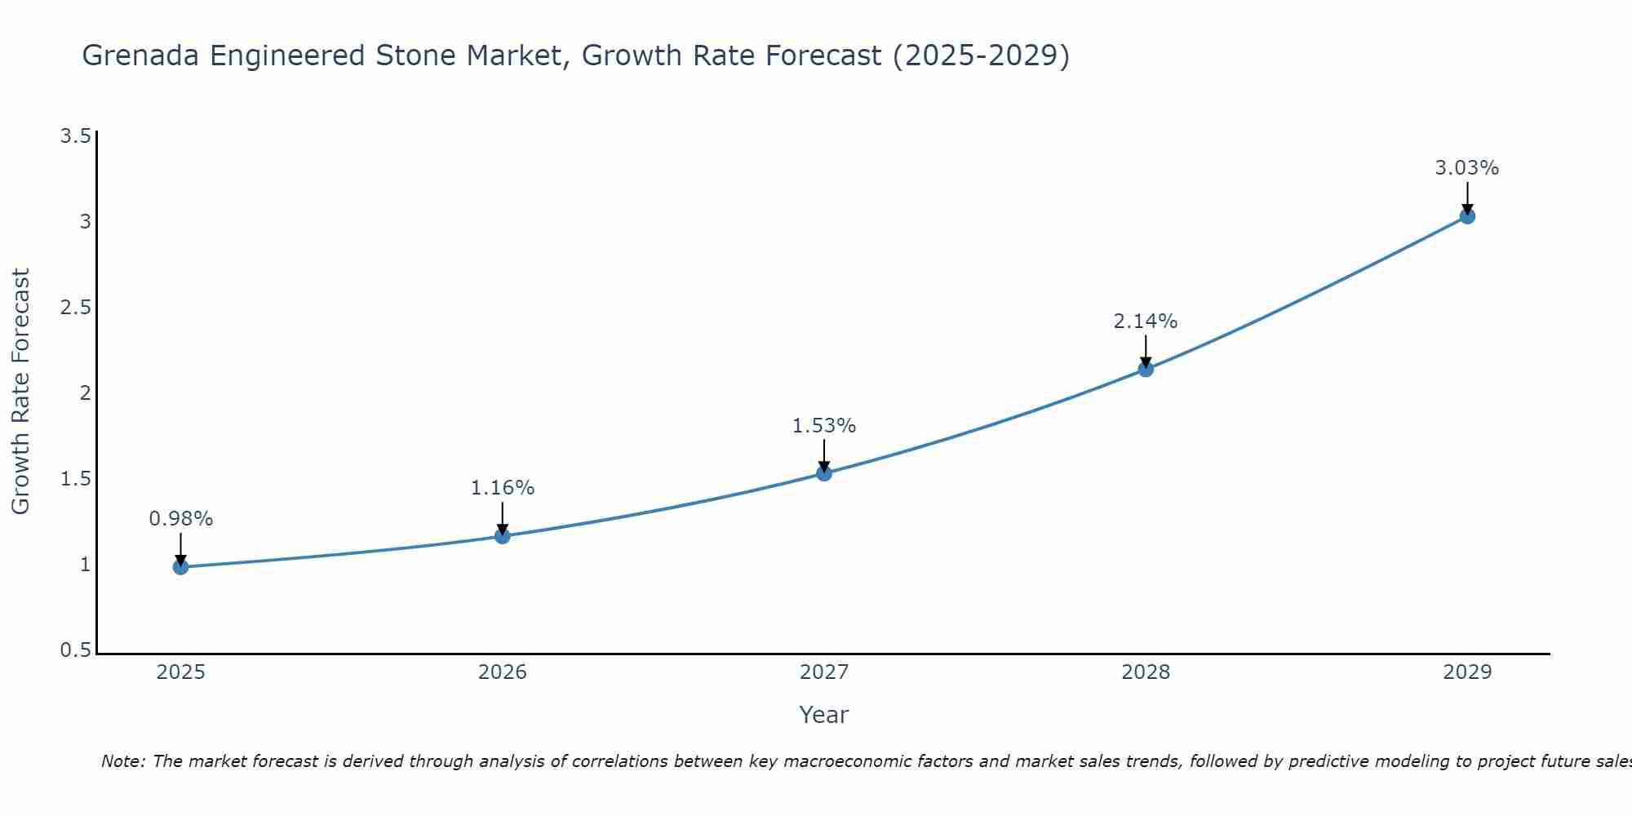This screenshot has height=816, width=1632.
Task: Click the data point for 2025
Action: pos(180,567)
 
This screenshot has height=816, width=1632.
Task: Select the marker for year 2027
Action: pos(824,473)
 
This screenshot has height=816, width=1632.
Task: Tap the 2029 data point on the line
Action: pos(1467,216)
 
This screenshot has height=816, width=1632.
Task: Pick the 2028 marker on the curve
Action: pos(1146,369)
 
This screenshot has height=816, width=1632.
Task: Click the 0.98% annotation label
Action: pos(180,519)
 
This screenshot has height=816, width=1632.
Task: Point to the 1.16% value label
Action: pos(502,488)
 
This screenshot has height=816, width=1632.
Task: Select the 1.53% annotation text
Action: pos(824,426)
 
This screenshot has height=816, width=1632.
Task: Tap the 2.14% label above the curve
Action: pos(1146,322)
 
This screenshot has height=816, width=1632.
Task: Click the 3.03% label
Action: pos(1467,168)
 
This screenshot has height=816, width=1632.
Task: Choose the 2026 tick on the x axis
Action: pos(502,672)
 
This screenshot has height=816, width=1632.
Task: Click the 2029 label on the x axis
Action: pos(1467,672)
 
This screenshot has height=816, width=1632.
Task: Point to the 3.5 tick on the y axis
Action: pos(75,135)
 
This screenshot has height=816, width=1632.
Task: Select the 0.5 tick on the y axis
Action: pos(75,650)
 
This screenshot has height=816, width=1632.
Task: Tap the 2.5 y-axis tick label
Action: pos(75,307)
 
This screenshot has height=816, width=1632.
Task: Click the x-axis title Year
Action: pos(824,715)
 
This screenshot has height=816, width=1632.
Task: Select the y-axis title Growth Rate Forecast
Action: pos(21,392)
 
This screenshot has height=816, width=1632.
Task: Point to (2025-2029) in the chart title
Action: pos(981,55)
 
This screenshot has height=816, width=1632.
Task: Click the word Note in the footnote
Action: pos(122,761)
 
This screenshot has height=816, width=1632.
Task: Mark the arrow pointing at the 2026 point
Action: pos(502,517)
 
